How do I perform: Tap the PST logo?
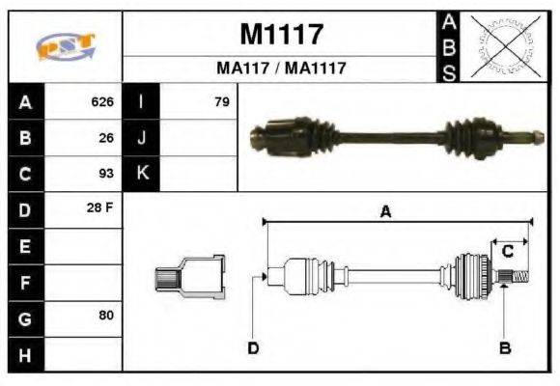65,46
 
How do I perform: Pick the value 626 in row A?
102,101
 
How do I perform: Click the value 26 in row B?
106,137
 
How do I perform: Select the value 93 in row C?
106,174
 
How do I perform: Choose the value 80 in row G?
106,316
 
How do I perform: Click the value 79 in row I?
222,101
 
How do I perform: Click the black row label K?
142,174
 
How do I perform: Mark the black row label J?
142,137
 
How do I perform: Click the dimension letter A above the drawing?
385,212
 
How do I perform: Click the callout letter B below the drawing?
504,347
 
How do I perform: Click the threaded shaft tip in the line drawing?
519,278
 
